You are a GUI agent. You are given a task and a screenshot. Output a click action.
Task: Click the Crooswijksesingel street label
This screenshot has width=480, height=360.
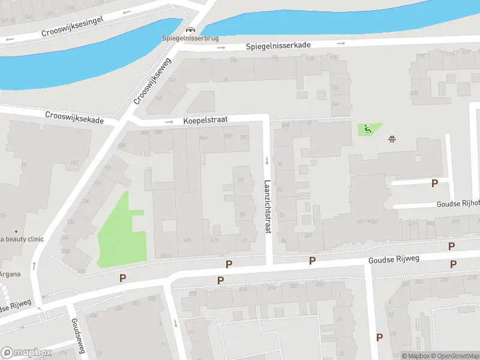click(x=73, y=25)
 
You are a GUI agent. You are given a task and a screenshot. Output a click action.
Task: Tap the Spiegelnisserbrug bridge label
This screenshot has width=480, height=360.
click(x=190, y=38)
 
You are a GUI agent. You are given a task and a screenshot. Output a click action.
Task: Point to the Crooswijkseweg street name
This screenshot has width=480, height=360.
click(x=153, y=80)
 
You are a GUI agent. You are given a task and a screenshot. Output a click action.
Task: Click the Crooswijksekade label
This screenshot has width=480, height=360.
click(x=74, y=116)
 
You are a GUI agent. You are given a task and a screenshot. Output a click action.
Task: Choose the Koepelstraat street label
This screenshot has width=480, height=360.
click(x=206, y=121)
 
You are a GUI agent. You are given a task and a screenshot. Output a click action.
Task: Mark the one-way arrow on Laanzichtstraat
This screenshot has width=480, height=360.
click(x=267, y=160)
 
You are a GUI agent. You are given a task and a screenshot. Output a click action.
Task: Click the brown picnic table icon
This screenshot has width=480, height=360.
click(x=392, y=139)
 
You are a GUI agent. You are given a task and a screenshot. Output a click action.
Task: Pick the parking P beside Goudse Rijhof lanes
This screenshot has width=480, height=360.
click(x=435, y=183)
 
